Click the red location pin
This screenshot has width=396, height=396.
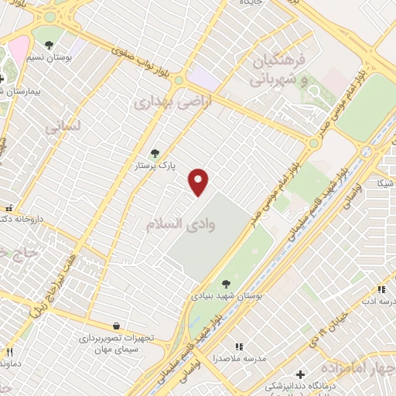[x=199, y=182]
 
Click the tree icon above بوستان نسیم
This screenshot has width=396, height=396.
[x=49, y=46]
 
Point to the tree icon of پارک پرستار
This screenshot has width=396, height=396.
[x=155, y=154]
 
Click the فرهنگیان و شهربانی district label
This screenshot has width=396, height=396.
[x=279, y=70]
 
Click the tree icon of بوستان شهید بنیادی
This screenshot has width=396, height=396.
[x=225, y=284]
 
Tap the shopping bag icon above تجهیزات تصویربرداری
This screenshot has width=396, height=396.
[x=116, y=326]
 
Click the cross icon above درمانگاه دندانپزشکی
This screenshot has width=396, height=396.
[x=300, y=374]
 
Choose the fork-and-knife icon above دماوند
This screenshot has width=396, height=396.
[x=10, y=350]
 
